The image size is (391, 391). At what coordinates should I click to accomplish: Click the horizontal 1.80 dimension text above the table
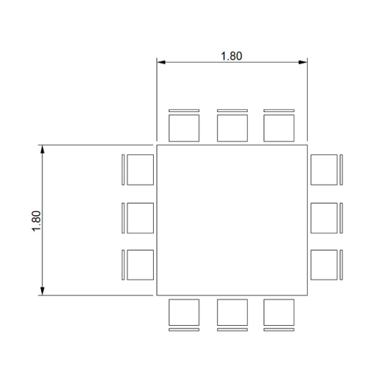231,56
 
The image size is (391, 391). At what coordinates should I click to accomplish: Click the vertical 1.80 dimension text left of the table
36,221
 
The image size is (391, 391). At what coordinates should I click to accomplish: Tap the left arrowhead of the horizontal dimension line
161,62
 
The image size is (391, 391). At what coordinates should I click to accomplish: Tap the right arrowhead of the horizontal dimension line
303,62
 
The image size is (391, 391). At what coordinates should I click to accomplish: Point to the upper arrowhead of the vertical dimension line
42,149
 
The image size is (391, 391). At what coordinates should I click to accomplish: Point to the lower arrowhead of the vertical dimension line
42,291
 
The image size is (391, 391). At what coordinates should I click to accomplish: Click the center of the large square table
232,220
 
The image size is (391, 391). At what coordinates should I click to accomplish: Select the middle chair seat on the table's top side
233,128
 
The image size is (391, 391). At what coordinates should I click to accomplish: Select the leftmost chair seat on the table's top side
184,128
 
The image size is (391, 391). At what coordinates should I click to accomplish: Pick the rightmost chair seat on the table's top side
279,128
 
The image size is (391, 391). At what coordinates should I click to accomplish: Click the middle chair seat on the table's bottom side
233,312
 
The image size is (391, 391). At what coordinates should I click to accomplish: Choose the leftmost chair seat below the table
184,312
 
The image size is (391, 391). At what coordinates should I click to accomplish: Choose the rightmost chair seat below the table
279,312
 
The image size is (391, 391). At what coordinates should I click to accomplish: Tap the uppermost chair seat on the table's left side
140,170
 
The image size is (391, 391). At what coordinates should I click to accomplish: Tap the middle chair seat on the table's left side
140,218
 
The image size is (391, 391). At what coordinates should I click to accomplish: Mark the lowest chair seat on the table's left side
140,265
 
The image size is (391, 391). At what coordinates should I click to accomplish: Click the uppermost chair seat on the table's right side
324,170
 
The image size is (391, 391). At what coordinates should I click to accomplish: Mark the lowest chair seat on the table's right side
324,265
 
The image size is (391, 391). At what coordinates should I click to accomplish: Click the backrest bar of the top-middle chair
233,111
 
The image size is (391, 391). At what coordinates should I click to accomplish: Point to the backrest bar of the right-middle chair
341,218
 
